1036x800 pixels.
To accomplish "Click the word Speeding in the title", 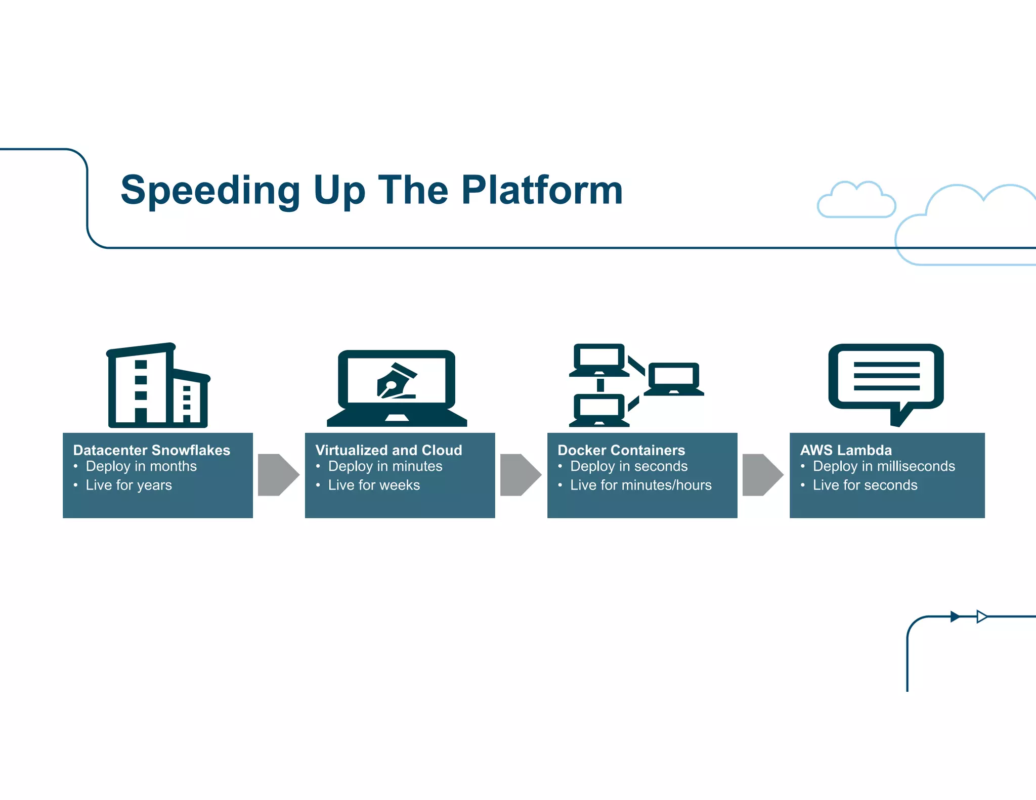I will coord(210,191).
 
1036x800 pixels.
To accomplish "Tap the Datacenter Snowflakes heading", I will coord(151,450).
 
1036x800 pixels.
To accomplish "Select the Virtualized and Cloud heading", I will coord(388,450).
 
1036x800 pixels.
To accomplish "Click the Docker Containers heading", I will coord(621,450).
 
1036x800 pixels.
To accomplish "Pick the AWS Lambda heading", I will coord(845,450).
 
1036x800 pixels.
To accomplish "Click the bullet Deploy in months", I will coord(141,466).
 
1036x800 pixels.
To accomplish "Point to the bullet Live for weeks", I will coord(373,485).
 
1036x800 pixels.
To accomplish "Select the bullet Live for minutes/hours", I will coord(640,485).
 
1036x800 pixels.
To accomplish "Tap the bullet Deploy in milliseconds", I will coord(883,466).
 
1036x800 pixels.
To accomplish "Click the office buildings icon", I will coord(158,386).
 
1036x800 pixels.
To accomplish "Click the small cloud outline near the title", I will coord(856,201).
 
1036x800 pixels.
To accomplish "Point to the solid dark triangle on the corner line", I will coord(955,616).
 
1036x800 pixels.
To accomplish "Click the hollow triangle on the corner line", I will coord(981,616).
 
